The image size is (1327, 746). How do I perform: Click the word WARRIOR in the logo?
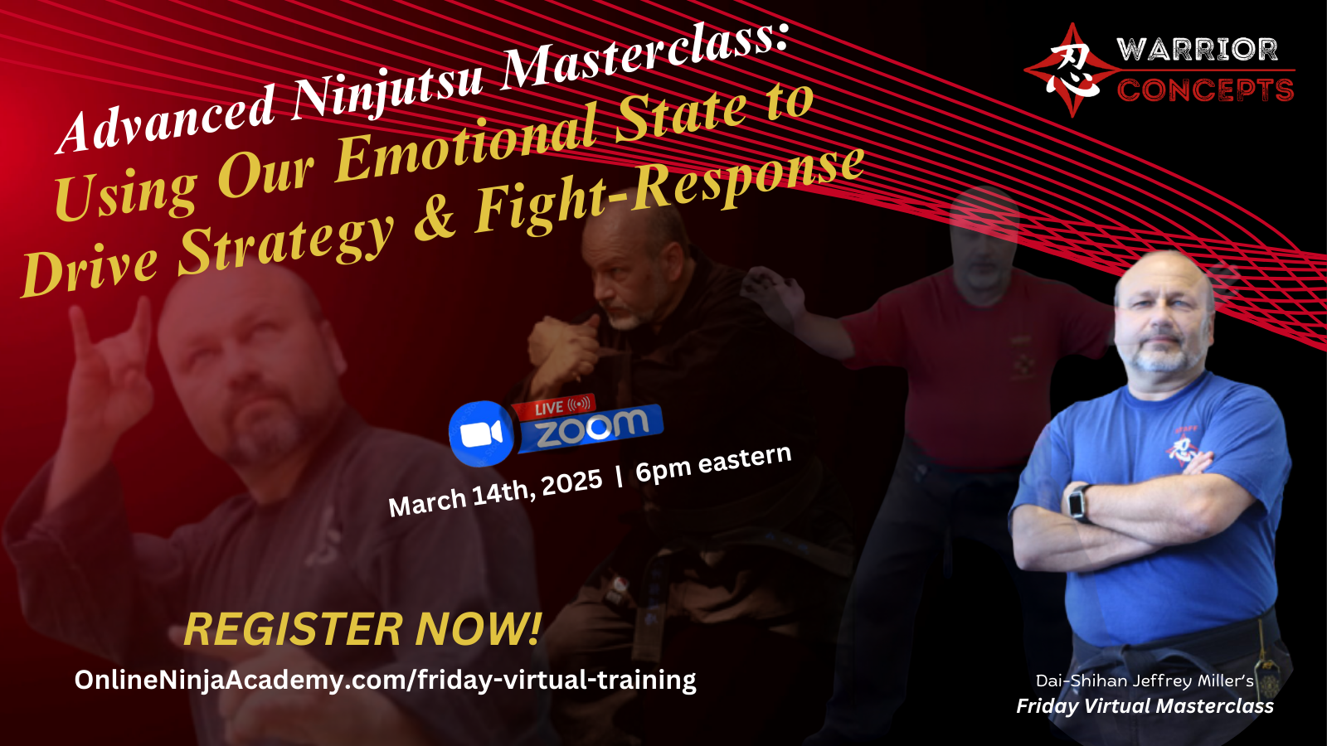1197,50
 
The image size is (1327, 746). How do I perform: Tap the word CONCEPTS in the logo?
1205,90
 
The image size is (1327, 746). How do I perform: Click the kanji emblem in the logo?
1072,70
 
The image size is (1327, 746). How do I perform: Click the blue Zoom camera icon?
481,434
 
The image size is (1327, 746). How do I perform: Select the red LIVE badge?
553,407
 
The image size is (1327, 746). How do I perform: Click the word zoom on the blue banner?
592,428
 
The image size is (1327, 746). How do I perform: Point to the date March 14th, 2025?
494,492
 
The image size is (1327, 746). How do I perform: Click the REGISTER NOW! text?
362,629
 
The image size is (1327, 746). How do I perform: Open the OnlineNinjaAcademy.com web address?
385,681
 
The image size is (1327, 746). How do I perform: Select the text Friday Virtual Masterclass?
1145,705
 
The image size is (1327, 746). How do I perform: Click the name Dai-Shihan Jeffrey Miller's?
1145,681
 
